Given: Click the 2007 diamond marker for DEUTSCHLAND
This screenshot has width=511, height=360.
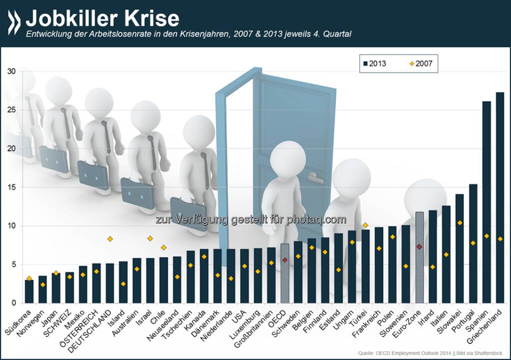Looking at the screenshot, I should (x=110, y=239).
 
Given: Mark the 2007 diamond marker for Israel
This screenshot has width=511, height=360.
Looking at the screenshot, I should (x=150, y=238).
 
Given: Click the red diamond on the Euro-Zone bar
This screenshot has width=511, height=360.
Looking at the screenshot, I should (x=420, y=247).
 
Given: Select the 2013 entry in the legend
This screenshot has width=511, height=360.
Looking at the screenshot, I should (x=371, y=63).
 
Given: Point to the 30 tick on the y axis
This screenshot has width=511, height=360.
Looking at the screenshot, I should (x=12, y=72).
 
